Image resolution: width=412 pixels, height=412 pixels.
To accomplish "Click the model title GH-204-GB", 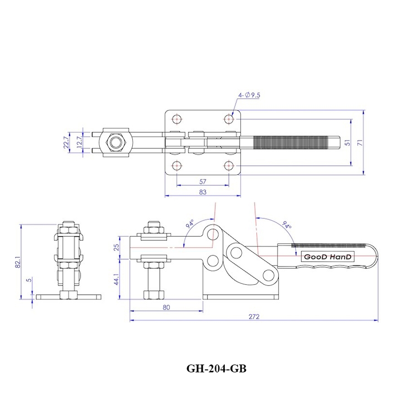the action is [217, 369].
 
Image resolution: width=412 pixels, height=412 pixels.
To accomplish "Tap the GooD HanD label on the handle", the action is [327, 257].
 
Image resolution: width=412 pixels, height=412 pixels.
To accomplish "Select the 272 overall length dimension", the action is [254, 317].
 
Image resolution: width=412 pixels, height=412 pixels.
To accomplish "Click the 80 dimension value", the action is [166, 307].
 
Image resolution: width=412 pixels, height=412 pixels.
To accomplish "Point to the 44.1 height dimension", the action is [117, 279].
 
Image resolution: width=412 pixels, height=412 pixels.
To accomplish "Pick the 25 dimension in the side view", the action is [117, 247].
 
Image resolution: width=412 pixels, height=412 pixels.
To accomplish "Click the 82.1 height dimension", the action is [17, 262].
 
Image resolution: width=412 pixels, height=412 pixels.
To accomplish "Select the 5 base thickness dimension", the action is [29, 280].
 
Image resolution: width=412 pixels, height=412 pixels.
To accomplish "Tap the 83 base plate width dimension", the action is [203, 192].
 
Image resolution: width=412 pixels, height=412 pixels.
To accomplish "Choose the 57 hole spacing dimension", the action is [203, 182].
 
